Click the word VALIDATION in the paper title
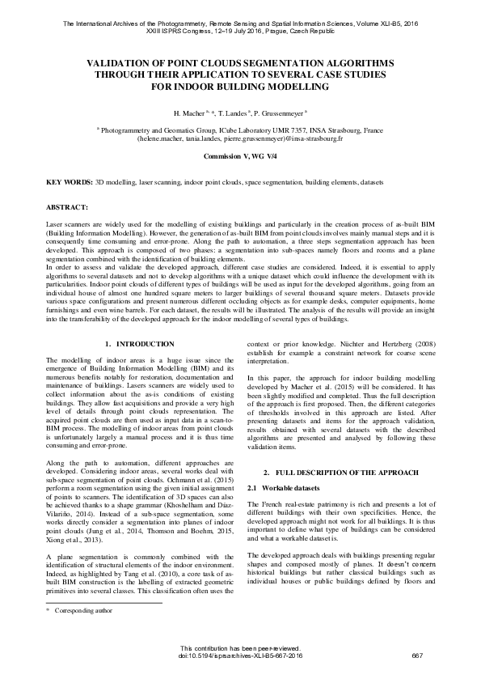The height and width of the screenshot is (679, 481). [122, 62]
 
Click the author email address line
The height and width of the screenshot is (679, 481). [240, 138]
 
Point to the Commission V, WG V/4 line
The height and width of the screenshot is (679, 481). [240, 155]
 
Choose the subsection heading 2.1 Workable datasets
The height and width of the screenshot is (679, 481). [281, 488]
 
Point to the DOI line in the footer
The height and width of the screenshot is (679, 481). [240, 654]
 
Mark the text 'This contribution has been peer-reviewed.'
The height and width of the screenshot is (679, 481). [240, 647]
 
